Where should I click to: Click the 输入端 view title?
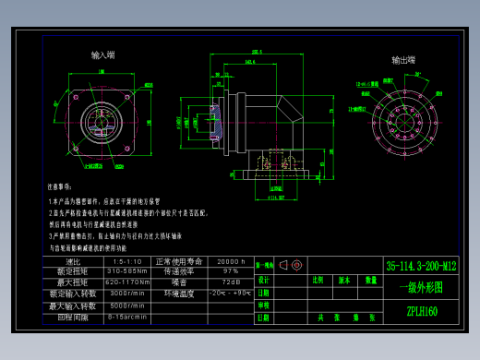(103, 55)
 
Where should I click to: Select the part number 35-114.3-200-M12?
(421, 266)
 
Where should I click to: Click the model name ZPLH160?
(421, 312)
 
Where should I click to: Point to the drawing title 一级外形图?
(421, 288)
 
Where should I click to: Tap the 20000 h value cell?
(229, 261)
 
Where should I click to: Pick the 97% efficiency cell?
(229, 271)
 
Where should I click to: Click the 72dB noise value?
(229, 282)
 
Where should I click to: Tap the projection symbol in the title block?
(290, 265)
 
